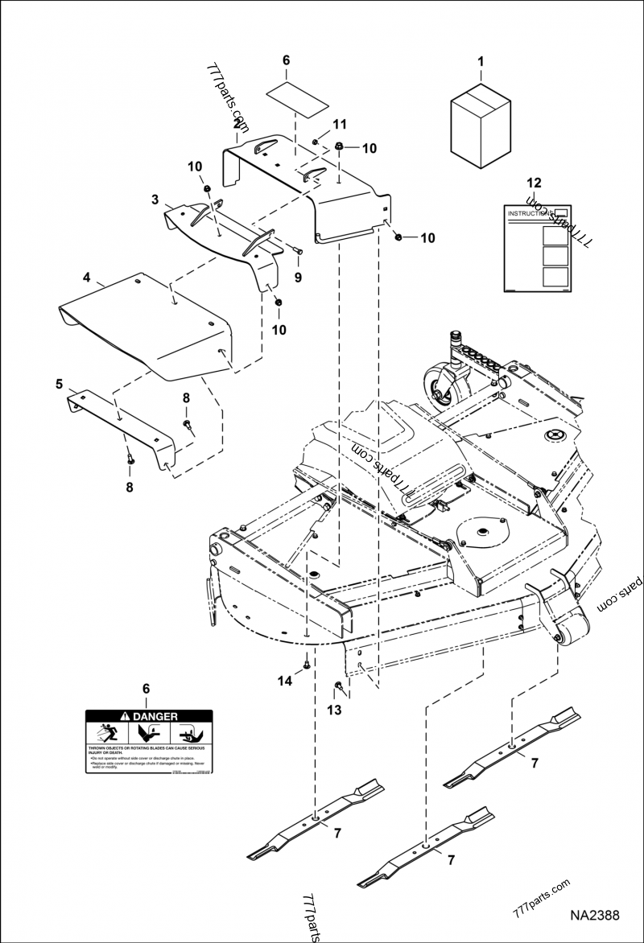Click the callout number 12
(x=534, y=183)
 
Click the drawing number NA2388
(x=595, y=916)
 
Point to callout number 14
(x=284, y=681)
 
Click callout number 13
(x=334, y=709)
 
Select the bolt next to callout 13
(x=338, y=686)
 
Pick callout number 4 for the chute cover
(x=86, y=278)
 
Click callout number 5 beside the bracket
(x=60, y=385)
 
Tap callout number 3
(x=155, y=198)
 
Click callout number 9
(x=298, y=278)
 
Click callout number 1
(x=481, y=61)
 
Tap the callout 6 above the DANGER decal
(x=146, y=689)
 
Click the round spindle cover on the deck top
(x=481, y=530)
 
